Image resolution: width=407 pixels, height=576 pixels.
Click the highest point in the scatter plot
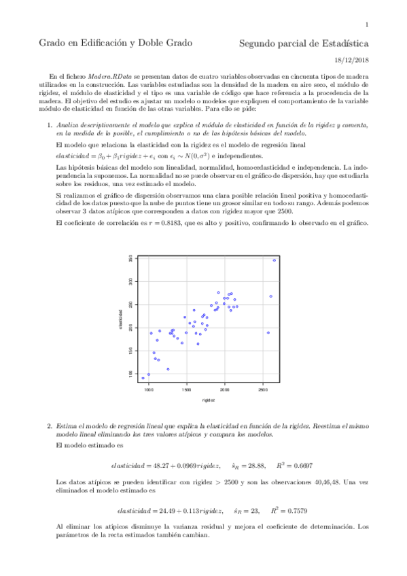tap(275, 260)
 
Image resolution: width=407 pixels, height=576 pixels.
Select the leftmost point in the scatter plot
tap(143, 378)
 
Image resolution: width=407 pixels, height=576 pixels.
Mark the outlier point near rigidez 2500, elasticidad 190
tap(268, 333)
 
